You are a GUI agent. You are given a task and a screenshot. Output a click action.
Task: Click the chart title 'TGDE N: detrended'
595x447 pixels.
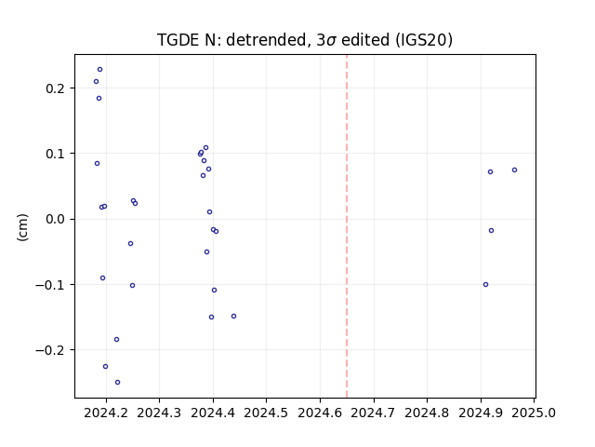(231, 40)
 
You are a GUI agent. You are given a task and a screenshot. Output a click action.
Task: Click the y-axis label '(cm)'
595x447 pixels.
(22, 227)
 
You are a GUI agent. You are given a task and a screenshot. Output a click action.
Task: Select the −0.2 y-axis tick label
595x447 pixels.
(52, 350)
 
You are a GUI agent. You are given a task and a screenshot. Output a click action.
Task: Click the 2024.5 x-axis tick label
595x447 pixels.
(266, 413)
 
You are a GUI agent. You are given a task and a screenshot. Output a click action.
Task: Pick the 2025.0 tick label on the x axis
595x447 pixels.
(534, 413)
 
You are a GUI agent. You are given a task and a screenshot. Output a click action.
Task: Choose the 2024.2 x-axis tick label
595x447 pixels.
(106, 413)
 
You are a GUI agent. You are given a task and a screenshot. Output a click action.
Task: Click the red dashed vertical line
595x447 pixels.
(347, 226)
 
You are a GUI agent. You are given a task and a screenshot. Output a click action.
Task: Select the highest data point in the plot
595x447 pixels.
(99, 70)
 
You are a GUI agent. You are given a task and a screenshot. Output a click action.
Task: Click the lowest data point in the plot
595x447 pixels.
(118, 382)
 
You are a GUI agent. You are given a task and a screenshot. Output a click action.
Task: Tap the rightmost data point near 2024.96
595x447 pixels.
(514, 169)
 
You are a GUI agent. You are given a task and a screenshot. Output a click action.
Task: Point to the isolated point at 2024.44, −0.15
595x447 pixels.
(233, 317)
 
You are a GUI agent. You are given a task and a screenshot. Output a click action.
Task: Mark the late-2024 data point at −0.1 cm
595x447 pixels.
(485, 284)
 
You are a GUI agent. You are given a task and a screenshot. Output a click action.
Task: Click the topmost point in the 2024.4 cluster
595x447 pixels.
(205, 147)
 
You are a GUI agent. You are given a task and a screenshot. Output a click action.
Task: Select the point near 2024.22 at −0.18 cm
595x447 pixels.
(116, 339)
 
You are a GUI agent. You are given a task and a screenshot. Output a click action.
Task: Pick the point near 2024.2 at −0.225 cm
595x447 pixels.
(105, 366)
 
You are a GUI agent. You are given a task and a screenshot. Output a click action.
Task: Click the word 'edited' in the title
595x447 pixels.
(365, 40)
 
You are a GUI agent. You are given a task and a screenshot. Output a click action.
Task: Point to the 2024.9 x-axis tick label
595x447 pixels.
(481, 413)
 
